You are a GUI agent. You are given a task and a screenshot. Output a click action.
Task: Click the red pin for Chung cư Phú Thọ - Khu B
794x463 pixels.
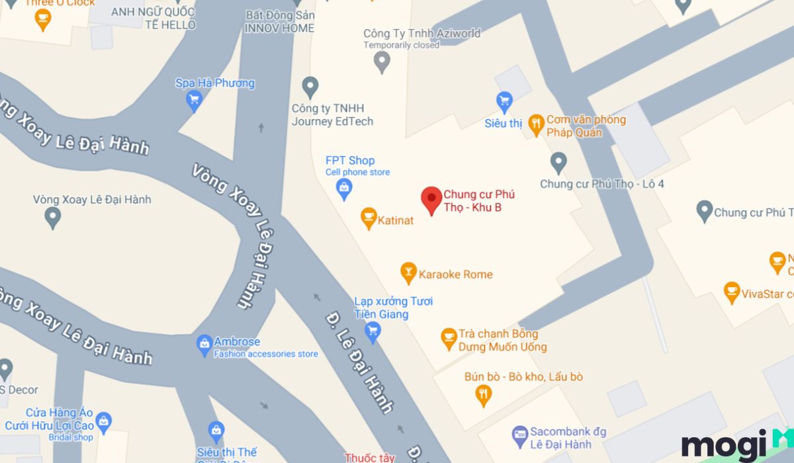click(431, 199)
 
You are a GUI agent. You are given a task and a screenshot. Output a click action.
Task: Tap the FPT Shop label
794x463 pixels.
click(350, 161)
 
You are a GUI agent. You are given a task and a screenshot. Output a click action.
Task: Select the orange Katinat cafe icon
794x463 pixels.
click(369, 218)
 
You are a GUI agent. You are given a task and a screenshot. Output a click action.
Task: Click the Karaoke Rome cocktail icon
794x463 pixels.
click(408, 273)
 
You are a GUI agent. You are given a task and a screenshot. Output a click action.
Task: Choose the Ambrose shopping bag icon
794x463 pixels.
click(204, 344)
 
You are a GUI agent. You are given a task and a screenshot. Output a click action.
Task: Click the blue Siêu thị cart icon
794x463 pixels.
click(505, 101)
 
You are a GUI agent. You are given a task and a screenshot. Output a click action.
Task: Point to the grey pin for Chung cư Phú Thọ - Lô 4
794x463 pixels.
click(559, 162)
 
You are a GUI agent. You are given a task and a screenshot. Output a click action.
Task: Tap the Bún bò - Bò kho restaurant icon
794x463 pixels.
click(484, 395)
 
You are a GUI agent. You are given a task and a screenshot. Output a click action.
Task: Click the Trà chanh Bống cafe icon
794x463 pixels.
click(449, 339)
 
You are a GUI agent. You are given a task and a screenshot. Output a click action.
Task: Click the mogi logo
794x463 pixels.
click(728, 446)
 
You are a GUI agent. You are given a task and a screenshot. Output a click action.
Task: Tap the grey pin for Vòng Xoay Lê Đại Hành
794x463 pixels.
click(52, 216)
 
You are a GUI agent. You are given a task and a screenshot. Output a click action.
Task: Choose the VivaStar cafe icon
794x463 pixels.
click(731, 292)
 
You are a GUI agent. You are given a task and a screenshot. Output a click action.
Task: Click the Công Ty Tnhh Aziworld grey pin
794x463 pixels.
click(382, 62)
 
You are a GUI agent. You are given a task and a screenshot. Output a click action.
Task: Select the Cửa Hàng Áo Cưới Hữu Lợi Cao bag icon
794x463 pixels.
click(103, 421)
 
